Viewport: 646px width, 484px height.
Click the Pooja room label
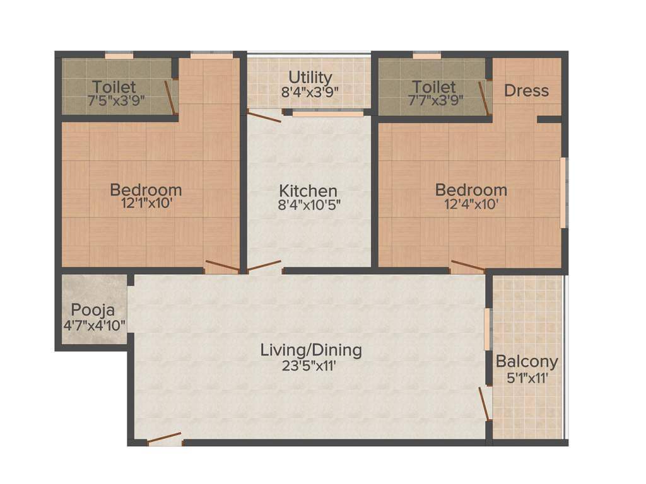point(93,310)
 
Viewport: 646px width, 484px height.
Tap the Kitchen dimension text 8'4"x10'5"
point(308,205)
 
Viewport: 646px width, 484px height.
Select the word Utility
point(310,78)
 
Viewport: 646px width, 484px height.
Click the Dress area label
point(526,91)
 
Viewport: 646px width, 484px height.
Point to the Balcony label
point(527,362)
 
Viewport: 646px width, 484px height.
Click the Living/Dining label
point(311,350)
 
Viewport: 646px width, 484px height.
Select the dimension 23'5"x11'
point(311,366)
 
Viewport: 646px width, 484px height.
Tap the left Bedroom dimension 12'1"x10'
point(146,204)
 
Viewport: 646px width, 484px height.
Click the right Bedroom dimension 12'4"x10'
point(471,204)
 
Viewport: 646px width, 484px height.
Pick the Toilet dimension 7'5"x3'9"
point(114,100)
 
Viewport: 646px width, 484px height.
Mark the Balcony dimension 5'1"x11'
point(527,378)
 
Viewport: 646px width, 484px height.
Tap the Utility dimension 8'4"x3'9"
point(310,91)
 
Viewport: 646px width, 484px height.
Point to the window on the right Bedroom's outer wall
point(563,192)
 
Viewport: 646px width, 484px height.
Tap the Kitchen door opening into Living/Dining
point(264,267)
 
